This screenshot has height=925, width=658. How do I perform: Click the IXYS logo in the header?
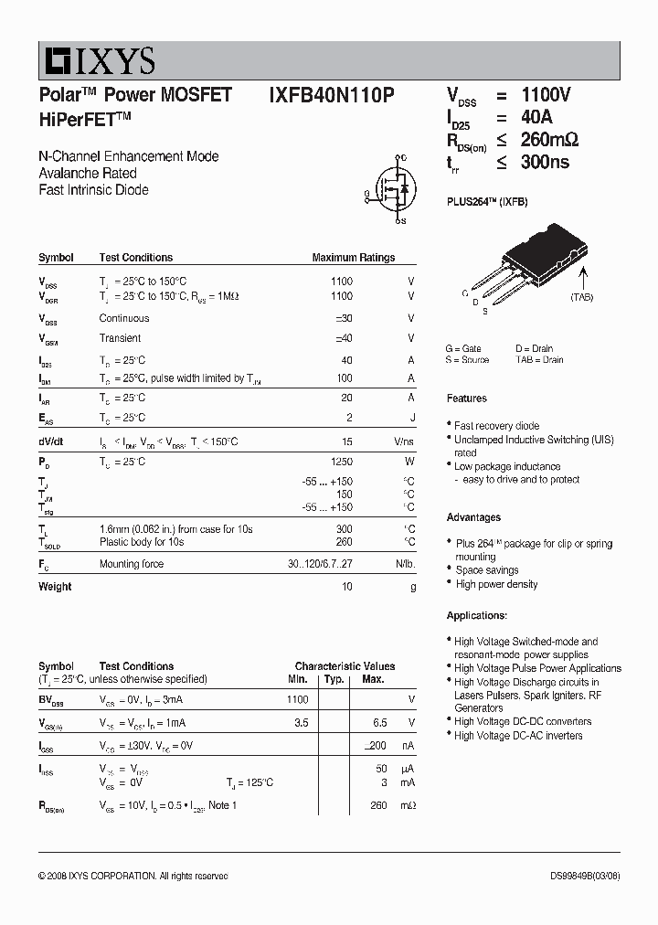pyautogui.click(x=97, y=61)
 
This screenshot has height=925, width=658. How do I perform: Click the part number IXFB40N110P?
pyautogui.click(x=332, y=95)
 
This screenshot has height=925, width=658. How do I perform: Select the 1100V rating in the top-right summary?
pyautogui.click(x=546, y=95)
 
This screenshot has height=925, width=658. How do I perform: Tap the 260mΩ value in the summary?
pyautogui.click(x=549, y=140)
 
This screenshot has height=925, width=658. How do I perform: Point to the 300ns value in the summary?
pyautogui.click(x=545, y=162)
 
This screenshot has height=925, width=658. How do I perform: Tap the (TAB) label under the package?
pyautogui.click(x=581, y=297)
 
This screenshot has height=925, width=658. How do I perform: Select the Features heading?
pyautogui.click(x=466, y=399)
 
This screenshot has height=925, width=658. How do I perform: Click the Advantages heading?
pyautogui.click(x=473, y=517)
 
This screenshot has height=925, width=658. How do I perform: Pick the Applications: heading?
pyautogui.click(x=476, y=615)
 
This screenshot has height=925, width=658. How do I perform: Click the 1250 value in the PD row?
pyautogui.click(x=340, y=462)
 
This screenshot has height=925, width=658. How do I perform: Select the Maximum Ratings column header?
pyautogui.click(x=353, y=258)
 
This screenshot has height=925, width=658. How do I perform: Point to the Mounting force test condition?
pyautogui.click(x=132, y=564)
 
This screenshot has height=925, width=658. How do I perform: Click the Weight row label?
pyautogui.click(x=55, y=587)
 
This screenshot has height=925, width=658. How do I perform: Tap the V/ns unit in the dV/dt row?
pyautogui.click(x=404, y=441)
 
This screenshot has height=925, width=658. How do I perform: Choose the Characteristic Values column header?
pyautogui.click(x=345, y=666)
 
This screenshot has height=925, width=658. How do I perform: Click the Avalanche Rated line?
pyautogui.click(x=88, y=173)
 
